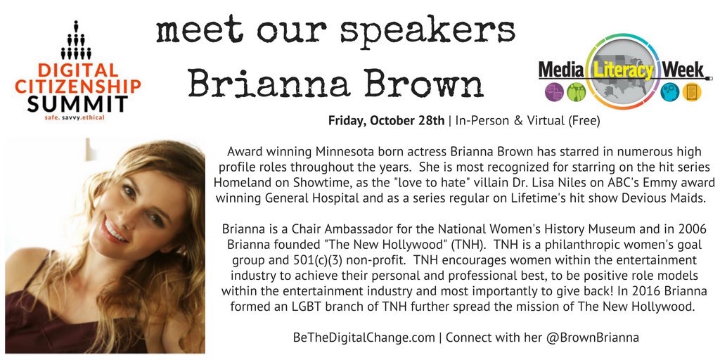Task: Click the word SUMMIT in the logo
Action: tap(77, 104)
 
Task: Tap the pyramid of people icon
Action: tap(76, 40)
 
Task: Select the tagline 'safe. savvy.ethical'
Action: tap(75, 118)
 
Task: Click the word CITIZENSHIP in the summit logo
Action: tap(77, 86)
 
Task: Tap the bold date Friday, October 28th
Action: tap(386, 121)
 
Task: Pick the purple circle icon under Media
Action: tap(554, 92)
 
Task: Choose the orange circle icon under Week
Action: tap(691, 92)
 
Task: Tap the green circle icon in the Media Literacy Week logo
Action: tap(576, 92)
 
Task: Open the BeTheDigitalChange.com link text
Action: tap(364, 337)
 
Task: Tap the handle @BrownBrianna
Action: tap(592, 337)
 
